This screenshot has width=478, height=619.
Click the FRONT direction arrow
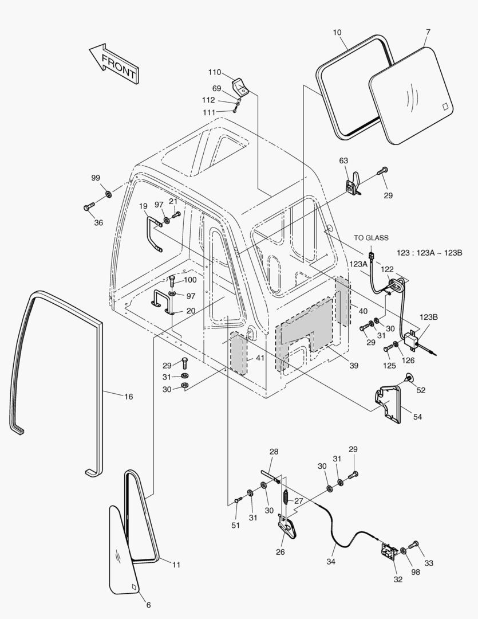[114, 62]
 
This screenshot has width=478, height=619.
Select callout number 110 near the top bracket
[214, 72]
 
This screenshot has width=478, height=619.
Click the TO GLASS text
[370, 238]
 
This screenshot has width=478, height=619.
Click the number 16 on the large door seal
[128, 396]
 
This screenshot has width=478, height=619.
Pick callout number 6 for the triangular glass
[148, 605]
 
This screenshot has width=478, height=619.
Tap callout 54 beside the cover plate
[417, 417]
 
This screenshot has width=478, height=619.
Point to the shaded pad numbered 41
[238, 352]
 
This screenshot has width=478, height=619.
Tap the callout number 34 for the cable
[331, 561]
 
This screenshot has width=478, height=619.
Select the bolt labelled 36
[88, 206]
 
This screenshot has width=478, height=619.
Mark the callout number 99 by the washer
[96, 178]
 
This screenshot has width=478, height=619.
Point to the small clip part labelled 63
[351, 185]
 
